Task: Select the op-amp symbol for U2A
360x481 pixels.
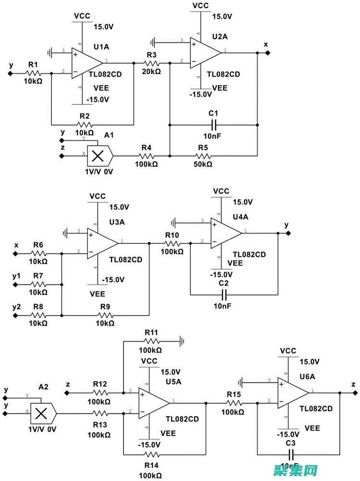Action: (x=205, y=52)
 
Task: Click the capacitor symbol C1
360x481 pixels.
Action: (x=213, y=125)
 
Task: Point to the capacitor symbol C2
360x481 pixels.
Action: (x=223, y=294)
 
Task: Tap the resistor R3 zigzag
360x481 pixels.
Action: (x=152, y=63)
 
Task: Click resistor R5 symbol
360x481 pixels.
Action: (x=203, y=156)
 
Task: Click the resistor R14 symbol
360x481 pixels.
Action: (x=152, y=455)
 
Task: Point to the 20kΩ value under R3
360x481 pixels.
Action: (x=151, y=71)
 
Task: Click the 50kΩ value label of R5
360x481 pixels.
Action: (x=202, y=164)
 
